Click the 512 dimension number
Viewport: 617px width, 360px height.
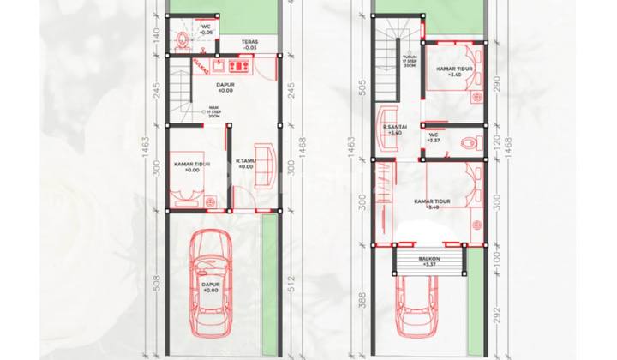(292, 282)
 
